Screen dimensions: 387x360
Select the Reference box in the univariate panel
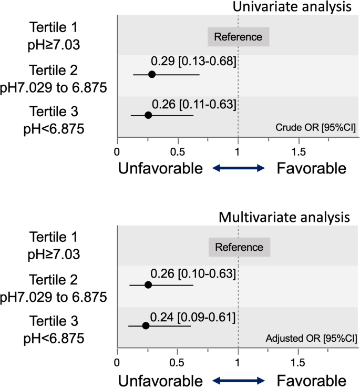pos(238,37)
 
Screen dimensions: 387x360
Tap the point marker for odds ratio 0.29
pos(152,75)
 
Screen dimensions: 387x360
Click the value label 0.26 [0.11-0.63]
pos(193,103)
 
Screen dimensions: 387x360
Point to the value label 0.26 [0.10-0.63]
pos(192,274)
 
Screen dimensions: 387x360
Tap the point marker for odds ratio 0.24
pos(146,326)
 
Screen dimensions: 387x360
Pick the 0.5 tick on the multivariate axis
pos(177,362)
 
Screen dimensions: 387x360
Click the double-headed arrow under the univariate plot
pos(239,168)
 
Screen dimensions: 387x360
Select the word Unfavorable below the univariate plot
pos(160,168)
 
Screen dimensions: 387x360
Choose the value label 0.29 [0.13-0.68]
pos(193,61)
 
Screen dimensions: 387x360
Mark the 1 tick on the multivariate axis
pos(239,362)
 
